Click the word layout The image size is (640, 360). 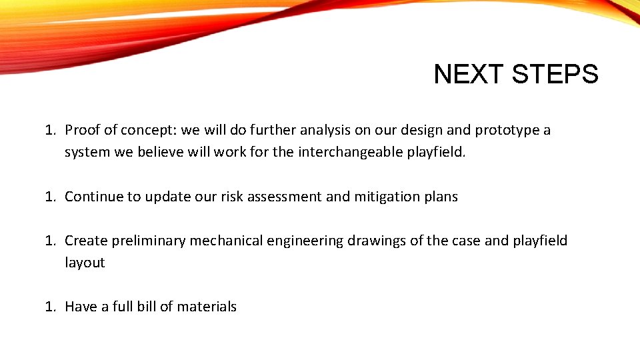click(85, 263)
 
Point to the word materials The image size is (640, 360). click(207, 307)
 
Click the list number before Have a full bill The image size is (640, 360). click(50, 307)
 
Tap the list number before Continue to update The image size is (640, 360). click(50, 197)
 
